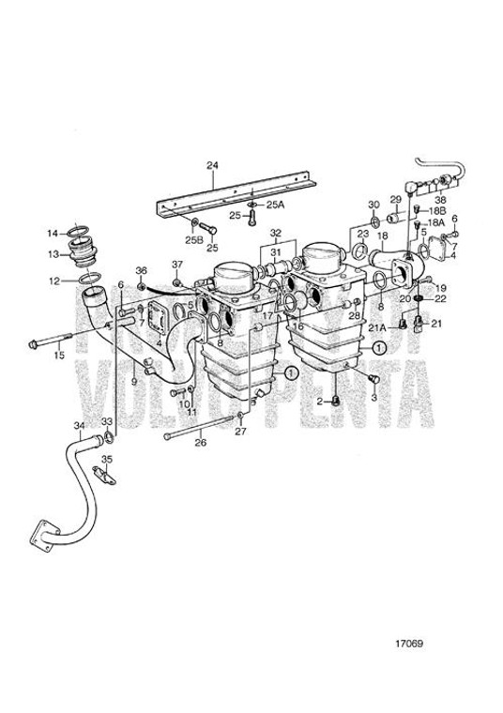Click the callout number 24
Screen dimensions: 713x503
(212, 165)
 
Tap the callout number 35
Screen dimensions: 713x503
(106, 459)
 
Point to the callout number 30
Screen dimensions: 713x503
(373, 204)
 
